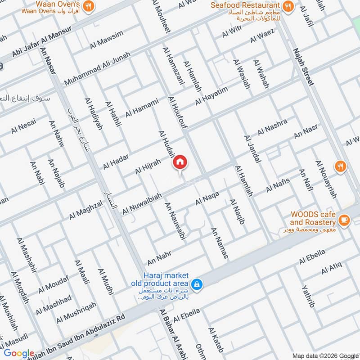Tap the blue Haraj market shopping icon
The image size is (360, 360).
coord(196,284)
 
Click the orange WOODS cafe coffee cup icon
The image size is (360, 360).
coord(344,220)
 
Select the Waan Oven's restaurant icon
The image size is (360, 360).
coord(89,6)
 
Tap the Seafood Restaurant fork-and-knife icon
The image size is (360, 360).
coord(289,6)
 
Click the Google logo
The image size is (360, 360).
coord(19,353)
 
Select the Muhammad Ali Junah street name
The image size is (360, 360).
coord(97,69)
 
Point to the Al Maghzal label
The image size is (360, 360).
coord(85,211)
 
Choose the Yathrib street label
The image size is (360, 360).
coord(308,296)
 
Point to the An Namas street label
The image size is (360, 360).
coord(220,243)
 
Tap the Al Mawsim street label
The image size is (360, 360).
coord(106,40)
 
